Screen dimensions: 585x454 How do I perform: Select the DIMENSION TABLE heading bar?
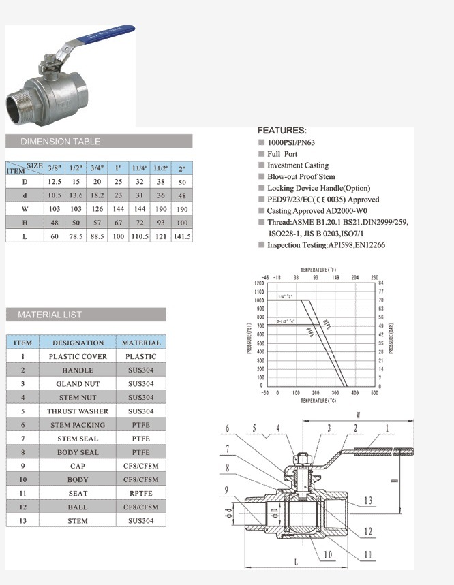pyautogui.click(x=99, y=142)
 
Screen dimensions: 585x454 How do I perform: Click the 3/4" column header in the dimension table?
pyautogui.click(x=97, y=168)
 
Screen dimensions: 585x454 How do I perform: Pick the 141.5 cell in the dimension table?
pyautogui.click(x=182, y=236)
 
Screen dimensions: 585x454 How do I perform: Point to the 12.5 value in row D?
pyautogui.click(x=55, y=182)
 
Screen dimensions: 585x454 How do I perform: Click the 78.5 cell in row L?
pyautogui.click(x=76, y=236)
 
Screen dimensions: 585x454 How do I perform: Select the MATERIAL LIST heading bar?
pyautogui.click(x=86, y=315)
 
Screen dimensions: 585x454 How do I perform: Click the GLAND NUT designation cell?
pyautogui.click(x=78, y=384)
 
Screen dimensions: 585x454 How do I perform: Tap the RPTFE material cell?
pyautogui.click(x=141, y=493)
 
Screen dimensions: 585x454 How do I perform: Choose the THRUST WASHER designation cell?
pyautogui.click(x=78, y=411)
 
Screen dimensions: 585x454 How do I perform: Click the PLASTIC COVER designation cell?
pyautogui.click(x=78, y=356)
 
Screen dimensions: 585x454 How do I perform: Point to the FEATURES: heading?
pyautogui.click(x=282, y=130)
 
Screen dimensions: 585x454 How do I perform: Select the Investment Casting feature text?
pyautogui.click(x=297, y=165)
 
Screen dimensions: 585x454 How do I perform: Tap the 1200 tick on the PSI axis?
pyautogui.click(x=258, y=283)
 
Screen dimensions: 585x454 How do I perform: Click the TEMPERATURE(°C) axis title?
pyautogui.click(x=318, y=402)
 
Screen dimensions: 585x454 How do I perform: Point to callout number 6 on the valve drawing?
pyautogui.click(x=228, y=428)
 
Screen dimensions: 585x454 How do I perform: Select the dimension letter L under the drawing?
pyautogui.click(x=295, y=563)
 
